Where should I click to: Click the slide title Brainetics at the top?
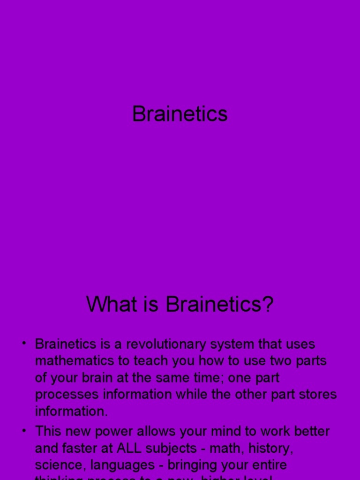point(180,114)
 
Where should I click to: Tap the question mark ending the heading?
point(268,305)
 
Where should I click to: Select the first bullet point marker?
point(23,344)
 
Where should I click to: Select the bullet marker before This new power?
point(23,431)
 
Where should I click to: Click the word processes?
point(67,395)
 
